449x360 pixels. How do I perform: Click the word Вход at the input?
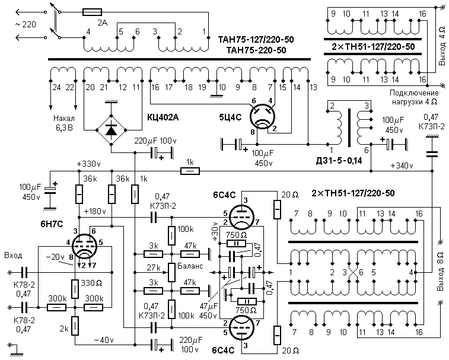pyautogui.click(x=12, y=256)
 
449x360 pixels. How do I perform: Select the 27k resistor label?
pyautogui.click(x=155, y=268)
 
